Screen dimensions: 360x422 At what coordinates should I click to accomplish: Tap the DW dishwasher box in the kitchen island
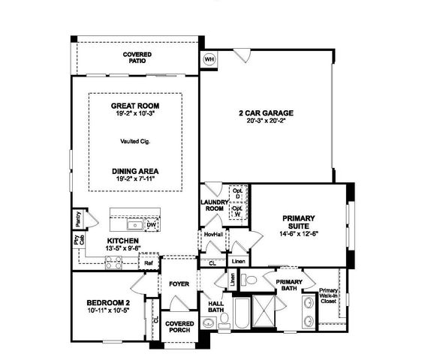click(151, 224)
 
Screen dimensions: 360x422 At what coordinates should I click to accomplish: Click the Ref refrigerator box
click(148, 263)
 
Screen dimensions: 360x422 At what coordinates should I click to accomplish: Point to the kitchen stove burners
click(113, 262)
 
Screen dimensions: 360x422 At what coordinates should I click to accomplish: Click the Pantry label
click(78, 218)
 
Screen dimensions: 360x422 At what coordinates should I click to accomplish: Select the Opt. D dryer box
click(237, 193)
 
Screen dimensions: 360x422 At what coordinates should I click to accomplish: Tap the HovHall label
click(213, 235)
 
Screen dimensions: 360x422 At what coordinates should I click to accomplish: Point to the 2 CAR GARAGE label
click(267, 113)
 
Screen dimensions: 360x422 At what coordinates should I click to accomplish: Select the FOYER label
click(178, 284)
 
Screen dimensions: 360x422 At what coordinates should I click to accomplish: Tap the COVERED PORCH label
click(181, 328)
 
